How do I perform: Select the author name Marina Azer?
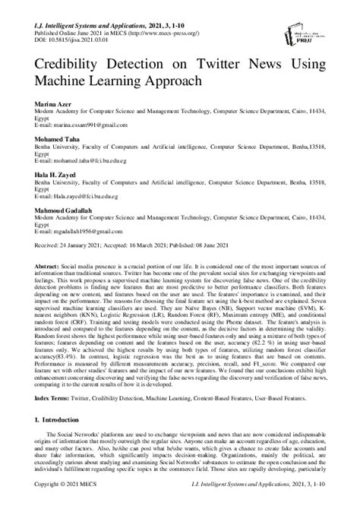[x=55, y=103]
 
